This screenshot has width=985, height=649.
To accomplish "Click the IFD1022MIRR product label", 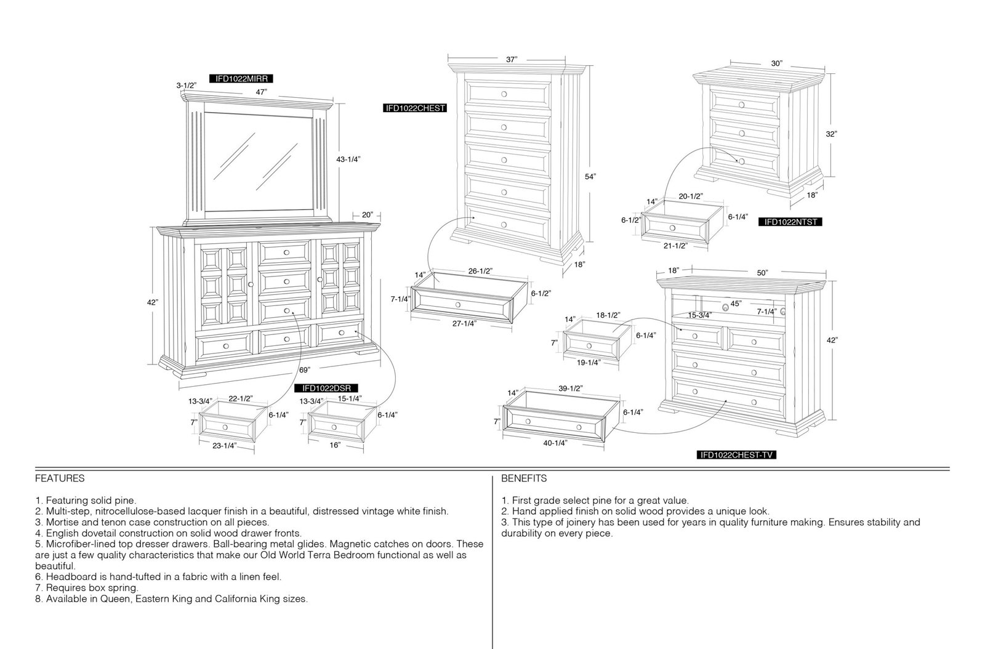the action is (241, 79).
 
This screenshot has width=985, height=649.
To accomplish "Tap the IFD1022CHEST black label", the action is (415, 108).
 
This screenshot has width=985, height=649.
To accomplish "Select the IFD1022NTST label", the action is (790, 222).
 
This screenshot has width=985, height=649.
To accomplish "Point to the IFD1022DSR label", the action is (326, 389).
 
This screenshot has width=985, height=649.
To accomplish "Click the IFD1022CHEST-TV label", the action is (736, 455).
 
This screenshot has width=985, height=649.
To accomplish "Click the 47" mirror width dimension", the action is (261, 92).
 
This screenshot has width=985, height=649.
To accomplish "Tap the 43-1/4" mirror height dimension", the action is (348, 159).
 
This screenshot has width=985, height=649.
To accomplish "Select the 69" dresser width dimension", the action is (304, 370).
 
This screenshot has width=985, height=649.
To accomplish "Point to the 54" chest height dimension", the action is (590, 177).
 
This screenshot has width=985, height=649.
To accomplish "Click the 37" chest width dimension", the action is (512, 59).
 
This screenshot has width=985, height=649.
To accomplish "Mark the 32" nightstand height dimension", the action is (830, 134).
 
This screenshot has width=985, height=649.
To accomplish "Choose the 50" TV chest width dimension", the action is (763, 273).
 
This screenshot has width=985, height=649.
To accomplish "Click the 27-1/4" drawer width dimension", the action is (464, 324).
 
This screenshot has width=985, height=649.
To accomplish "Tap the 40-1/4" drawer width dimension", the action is (555, 443).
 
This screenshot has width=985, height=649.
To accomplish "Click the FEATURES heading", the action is (60, 478).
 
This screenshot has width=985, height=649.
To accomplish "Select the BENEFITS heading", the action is (524, 478).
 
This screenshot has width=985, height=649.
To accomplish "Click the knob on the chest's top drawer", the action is (504, 94).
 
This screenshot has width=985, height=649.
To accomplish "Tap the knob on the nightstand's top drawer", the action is (742, 105).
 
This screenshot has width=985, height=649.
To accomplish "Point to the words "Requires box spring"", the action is (92, 588).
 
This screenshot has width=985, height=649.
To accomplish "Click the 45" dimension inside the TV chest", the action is (736, 304).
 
